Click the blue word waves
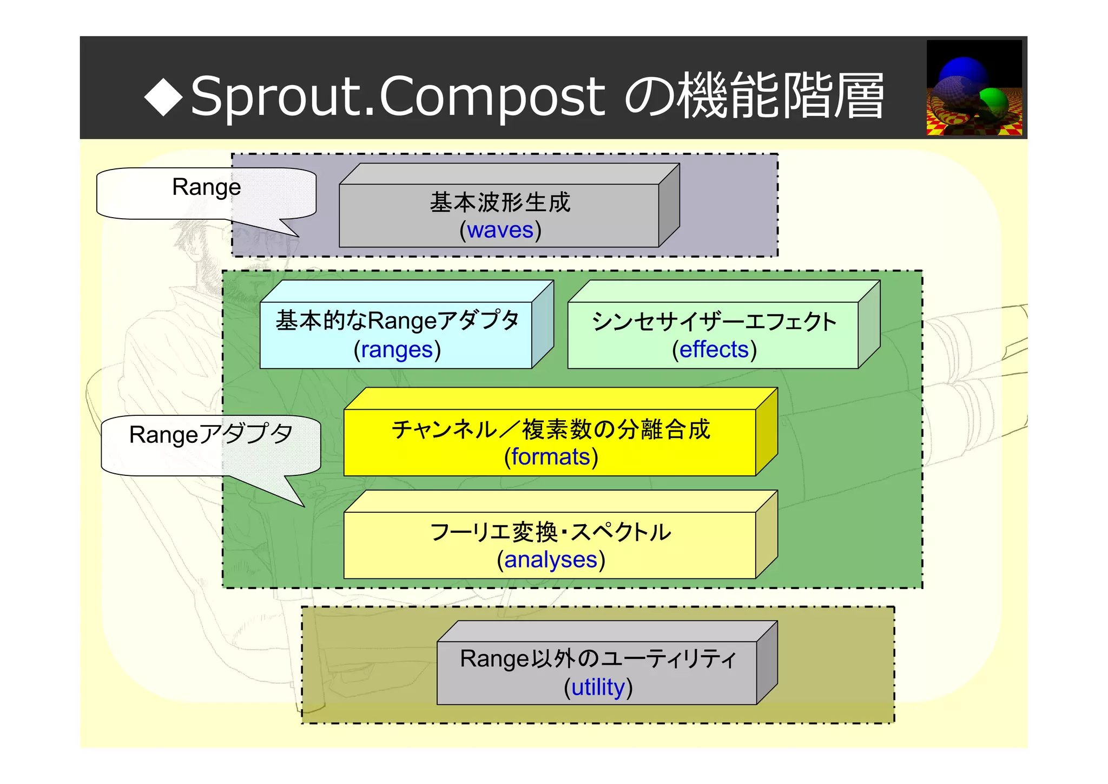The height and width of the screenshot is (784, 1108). click(500, 230)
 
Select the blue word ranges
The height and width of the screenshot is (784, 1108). click(397, 350)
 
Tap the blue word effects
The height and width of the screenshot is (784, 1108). click(714, 350)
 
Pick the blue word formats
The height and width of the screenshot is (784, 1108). click(551, 457)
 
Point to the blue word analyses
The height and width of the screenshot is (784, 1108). click(551, 560)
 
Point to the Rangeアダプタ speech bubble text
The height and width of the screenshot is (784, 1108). click(211, 435)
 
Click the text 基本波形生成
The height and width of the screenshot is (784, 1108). click(500, 202)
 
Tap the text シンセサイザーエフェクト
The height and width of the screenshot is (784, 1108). click(714, 322)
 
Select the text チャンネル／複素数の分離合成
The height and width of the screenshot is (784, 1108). click(551, 429)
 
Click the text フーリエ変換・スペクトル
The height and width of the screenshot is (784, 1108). click(551, 532)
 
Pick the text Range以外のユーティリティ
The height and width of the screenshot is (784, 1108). click(598, 659)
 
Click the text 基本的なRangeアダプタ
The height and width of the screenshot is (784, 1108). click(397, 321)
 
